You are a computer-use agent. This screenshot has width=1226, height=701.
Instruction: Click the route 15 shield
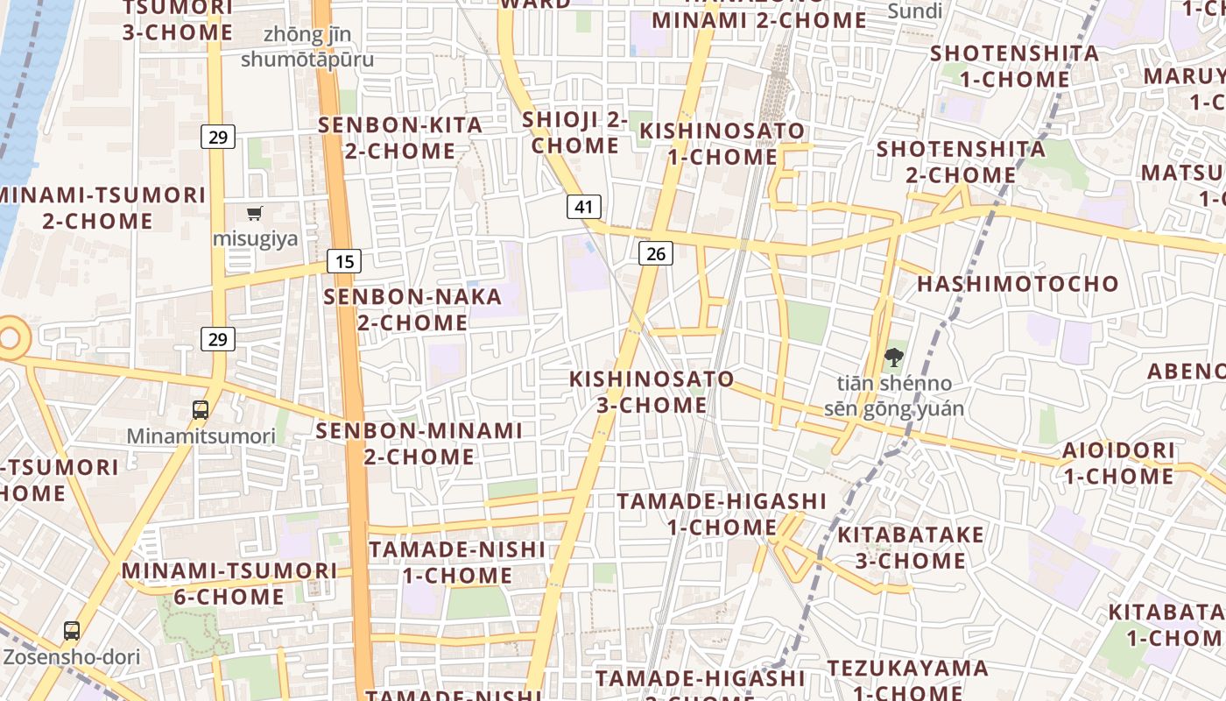345,260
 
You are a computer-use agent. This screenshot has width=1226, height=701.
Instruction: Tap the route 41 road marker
584,207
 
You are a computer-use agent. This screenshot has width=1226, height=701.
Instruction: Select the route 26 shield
655,253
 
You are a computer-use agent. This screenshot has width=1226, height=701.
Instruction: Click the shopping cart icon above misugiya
255,213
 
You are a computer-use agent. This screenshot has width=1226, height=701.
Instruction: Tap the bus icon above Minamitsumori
201,409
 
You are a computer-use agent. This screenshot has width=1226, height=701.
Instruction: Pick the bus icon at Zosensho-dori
72,630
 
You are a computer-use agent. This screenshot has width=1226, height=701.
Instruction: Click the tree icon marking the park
893,357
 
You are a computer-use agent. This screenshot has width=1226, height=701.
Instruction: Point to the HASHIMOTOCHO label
1018,284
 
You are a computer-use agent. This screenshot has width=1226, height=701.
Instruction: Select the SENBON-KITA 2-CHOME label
400,138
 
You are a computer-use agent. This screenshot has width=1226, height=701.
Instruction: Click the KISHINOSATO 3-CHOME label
652,392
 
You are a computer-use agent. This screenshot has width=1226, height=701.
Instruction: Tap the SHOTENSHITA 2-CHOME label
961,161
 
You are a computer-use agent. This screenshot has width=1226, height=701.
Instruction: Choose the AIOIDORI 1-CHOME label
1118,464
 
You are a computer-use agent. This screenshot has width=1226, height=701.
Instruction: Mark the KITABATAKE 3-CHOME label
911,548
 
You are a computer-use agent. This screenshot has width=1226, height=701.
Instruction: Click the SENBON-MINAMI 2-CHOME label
419,443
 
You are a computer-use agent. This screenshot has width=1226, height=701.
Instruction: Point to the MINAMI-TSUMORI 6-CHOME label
229,584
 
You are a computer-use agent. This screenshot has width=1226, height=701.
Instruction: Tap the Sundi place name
915,11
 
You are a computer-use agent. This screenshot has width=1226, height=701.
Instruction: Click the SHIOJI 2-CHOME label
574,132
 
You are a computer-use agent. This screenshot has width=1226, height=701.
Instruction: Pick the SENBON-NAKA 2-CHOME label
412,309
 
